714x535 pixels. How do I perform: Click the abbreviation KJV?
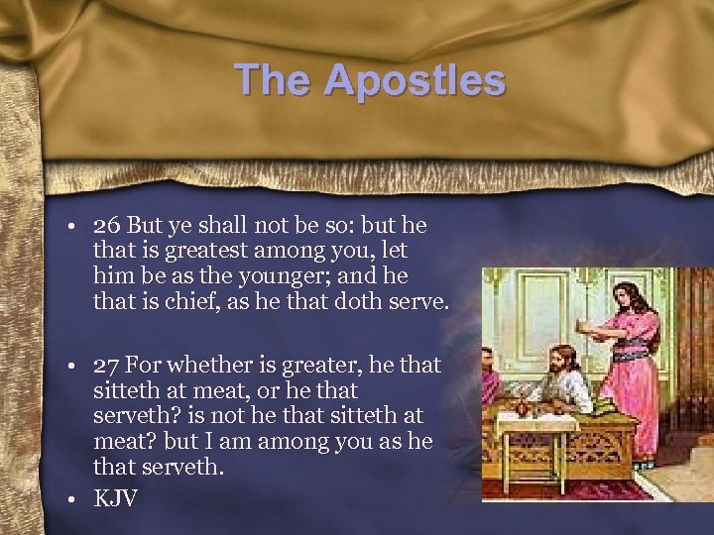point(116,496)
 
